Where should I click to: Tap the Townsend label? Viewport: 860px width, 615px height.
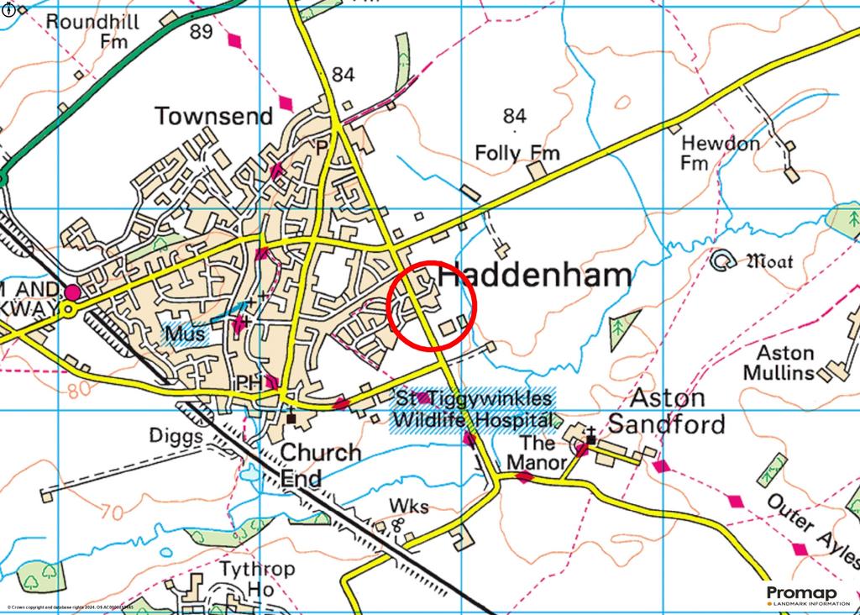pos(213,116)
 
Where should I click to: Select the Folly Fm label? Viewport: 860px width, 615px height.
pos(517,153)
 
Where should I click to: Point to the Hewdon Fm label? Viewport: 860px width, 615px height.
pos(720,153)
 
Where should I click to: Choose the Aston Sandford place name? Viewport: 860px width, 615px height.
pos(667,411)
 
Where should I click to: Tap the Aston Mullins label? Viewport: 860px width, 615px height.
pos(785,363)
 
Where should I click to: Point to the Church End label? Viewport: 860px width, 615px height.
pos(320,465)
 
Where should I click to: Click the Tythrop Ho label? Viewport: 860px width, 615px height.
pos(257,579)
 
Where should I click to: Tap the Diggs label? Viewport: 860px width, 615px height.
pos(176,437)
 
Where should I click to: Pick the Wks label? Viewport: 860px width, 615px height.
pos(409,506)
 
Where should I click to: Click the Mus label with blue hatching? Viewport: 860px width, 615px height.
pos(186,334)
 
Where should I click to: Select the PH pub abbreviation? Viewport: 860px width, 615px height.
pos(249,383)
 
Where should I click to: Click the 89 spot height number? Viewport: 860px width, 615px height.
pos(202,32)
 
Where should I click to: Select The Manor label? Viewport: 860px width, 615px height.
pos(536,452)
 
